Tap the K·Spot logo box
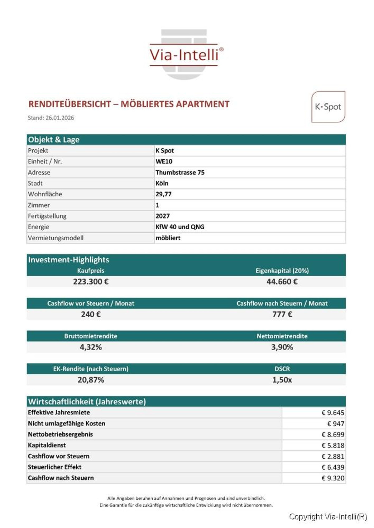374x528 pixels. pyautogui.click(x=328, y=107)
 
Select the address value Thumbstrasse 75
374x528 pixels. pyautogui.click(x=180, y=172)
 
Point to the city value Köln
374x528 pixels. pyautogui.click(x=162, y=183)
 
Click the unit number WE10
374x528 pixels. pyautogui.click(x=164, y=161)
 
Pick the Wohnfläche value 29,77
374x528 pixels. pyautogui.click(x=164, y=194)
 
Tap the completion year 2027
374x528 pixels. pyautogui.click(x=163, y=216)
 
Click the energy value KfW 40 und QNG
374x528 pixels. pyautogui.click(x=180, y=227)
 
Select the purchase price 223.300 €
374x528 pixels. pyautogui.click(x=91, y=282)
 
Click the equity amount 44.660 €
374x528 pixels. pyautogui.click(x=282, y=282)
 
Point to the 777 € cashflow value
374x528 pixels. pyautogui.click(x=282, y=314)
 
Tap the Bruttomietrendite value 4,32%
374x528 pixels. pyautogui.click(x=91, y=347)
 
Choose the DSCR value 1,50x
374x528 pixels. pyautogui.click(x=282, y=380)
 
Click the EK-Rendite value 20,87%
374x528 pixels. pyautogui.click(x=91, y=380)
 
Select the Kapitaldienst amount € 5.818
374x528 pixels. pyautogui.click(x=333, y=446)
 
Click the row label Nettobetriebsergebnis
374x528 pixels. pyautogui.click(x=60, y=434)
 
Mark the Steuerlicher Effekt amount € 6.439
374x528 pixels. pyautogui.click(x=333, y=467)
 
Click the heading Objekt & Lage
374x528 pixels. pyautogui.click(x=54, y=140)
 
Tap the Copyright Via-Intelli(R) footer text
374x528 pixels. pyautogui.click(x=328, y=517)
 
